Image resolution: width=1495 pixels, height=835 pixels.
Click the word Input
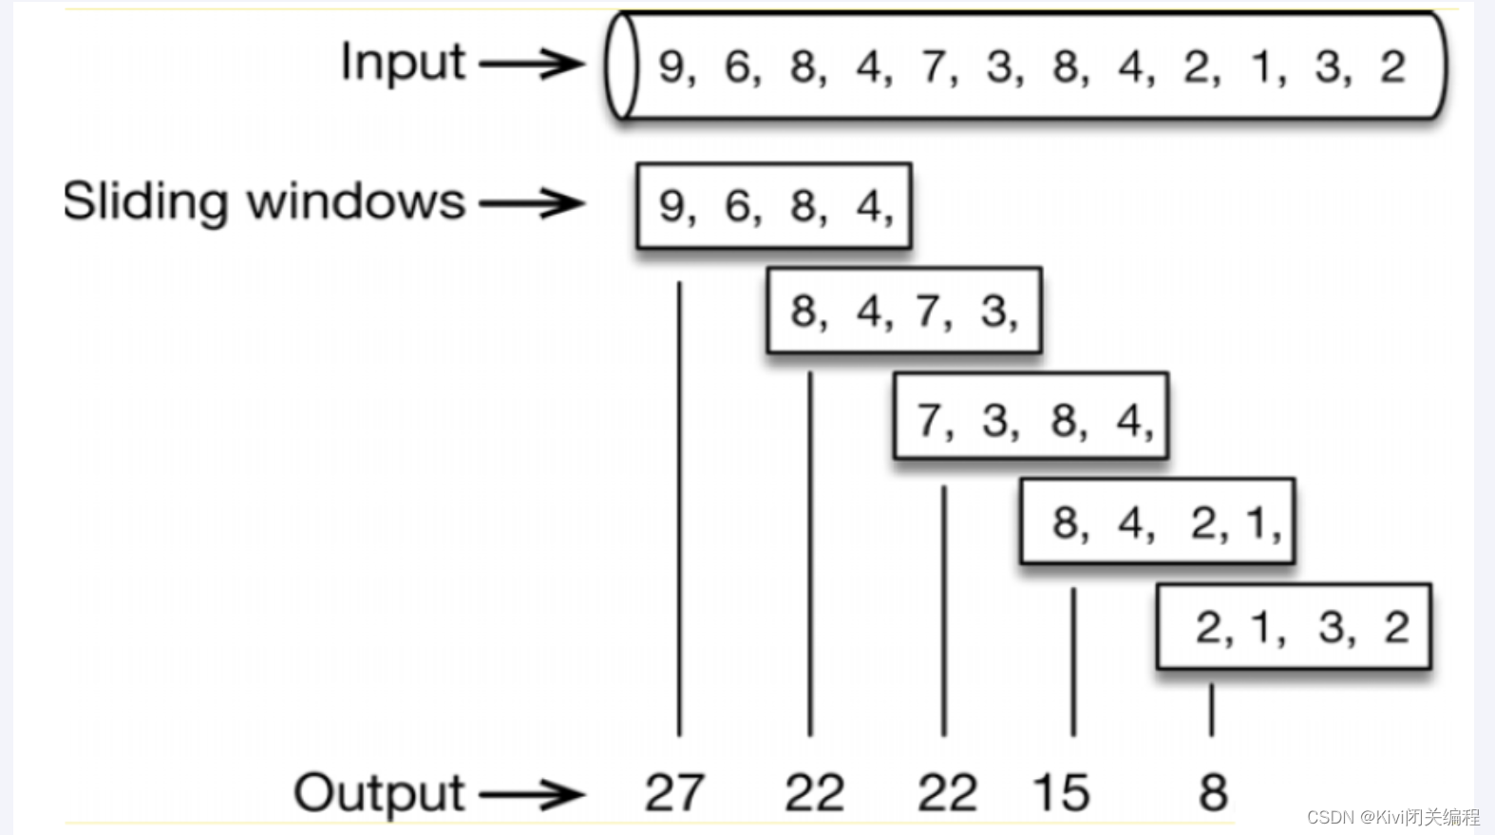pyautogui.click(x=403, y=62)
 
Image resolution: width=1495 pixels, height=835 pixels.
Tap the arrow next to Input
pyautogui.click(x=532, y=64)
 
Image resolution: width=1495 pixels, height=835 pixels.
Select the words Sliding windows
pyautogui.click(x=264, y=202)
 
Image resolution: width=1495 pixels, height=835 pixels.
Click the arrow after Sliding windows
pyautogui.click(x=532, y=203)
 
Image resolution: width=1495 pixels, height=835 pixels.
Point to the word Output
pyautogui.click(x=379, y=793)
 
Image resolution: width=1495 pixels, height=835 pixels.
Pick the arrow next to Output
pyautogui.click(x=532, y=794)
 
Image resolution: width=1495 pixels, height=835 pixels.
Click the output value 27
pyautogui.click(x=674, y=793)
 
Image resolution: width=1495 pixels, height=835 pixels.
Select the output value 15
pyautogui.click(x=1061, y=793)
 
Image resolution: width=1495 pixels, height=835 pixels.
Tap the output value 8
pyautogui.click(x=1213, y=793)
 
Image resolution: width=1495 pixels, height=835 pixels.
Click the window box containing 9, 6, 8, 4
pyautogui.click(x=774, y=205)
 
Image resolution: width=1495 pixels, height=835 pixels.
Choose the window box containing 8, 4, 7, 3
pyautogui.click(x=904, y=311)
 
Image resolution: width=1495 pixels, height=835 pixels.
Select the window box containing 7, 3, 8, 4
pyautogui.click(x=1031, y=416)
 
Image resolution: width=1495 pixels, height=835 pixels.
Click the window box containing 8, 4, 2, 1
pyautogui.click(x=1158, y=522)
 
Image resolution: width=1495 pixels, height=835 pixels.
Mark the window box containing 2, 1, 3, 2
pyautogui.click(x=1294, y=626)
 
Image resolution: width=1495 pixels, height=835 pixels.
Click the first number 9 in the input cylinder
pyautogui.click(x=672, y=66)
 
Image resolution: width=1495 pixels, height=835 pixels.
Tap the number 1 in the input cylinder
pyautogui.click(x=1261, y=66)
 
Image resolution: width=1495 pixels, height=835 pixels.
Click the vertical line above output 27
pyautogui.click(x=679, y=508)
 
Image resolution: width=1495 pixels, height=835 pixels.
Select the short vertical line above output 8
pyautogui.click(x=1211, y=711)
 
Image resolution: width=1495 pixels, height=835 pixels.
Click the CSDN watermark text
pyautogui.click(x=1392, y=817)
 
